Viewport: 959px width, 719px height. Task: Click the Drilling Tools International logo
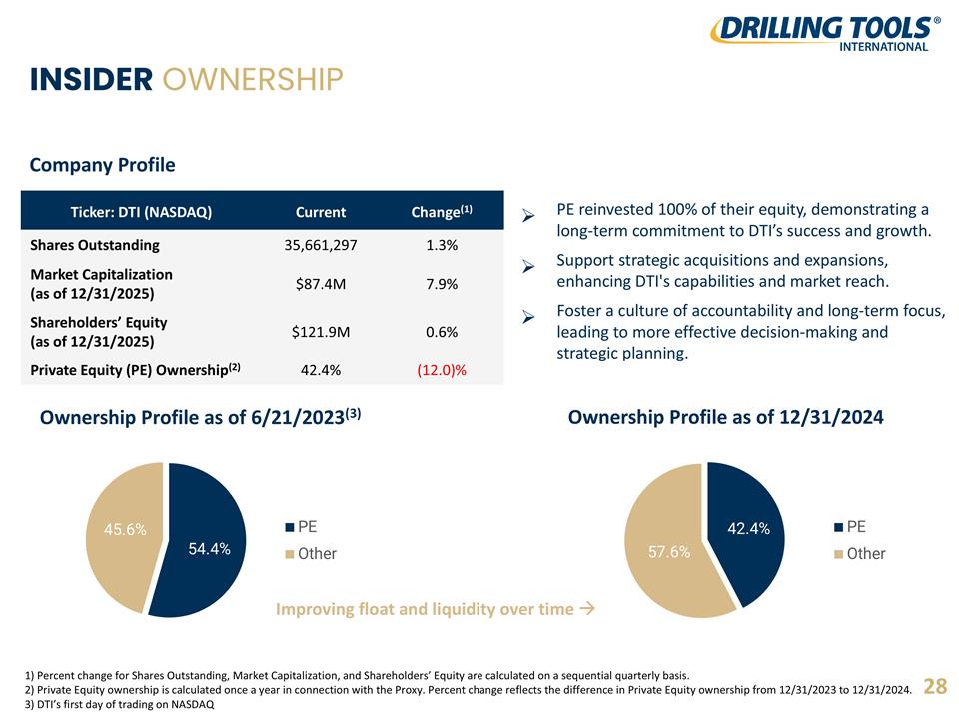click(825, 34)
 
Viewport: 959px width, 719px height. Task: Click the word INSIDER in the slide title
click(91, 80)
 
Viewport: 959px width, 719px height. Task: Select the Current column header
click(321, 212)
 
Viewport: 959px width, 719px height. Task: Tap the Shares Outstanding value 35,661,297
click(321, 245)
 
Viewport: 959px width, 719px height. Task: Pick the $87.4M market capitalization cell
click(321, 284)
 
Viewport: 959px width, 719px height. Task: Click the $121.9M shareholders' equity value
click(321, 332)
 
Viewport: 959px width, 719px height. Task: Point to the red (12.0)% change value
click(442, 370)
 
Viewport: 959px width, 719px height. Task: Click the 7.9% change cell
click(442, 284)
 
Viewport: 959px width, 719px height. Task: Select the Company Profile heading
click(102, 165)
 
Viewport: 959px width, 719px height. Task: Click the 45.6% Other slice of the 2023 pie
click(122, 532)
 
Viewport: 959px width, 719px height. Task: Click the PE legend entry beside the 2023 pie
click(301, 527)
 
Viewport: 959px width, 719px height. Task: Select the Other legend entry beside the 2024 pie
click(860, 554)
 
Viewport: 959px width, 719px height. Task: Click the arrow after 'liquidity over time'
click(587, 608)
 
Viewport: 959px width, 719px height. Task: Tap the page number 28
click(935, 686)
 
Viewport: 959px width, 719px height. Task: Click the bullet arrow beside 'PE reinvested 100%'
click(528, 216)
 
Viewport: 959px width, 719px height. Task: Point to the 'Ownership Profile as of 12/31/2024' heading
click(726, 417)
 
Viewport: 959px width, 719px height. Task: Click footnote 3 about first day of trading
click(120, 704)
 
